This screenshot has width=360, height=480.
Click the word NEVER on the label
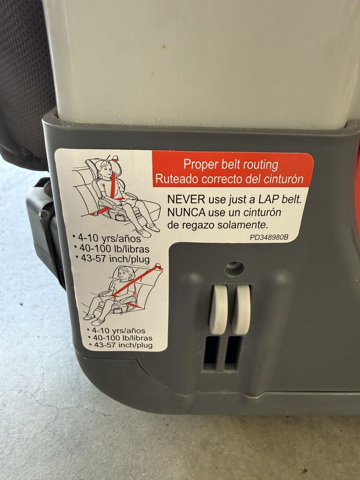tap(186, 199)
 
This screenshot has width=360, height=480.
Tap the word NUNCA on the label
tap(186, 212)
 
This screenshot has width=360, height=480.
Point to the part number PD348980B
tap(269, 237)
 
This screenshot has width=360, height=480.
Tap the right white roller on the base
tap(242, 310)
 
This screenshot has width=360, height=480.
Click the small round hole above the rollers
tap(235, 268)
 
